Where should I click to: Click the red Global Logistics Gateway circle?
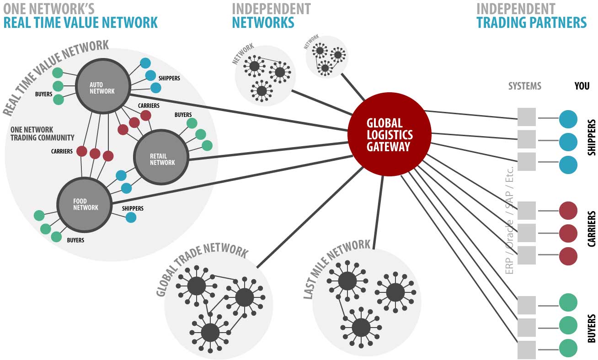tap(389, 134)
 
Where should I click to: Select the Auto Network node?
tap(102, 87)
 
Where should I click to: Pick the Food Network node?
tap(85, 204)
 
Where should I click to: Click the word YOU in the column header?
tap(582, 86)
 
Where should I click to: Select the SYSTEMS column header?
tap(524, 86)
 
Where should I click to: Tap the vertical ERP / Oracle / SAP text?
tap(510, 219)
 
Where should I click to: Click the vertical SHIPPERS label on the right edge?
tap(591, 138)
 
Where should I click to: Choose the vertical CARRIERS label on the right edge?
tap(591, 229)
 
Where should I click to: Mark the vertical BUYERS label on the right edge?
tap(591, 328)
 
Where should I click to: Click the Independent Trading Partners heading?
tap(531, 16)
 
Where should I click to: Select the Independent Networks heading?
tap(271, 16)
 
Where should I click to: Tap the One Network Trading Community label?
tap(42, 133)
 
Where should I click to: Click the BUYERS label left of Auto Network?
tap(43, 95)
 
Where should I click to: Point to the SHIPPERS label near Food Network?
tap(133, 208)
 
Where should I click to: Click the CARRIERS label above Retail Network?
tap(149, 106)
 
